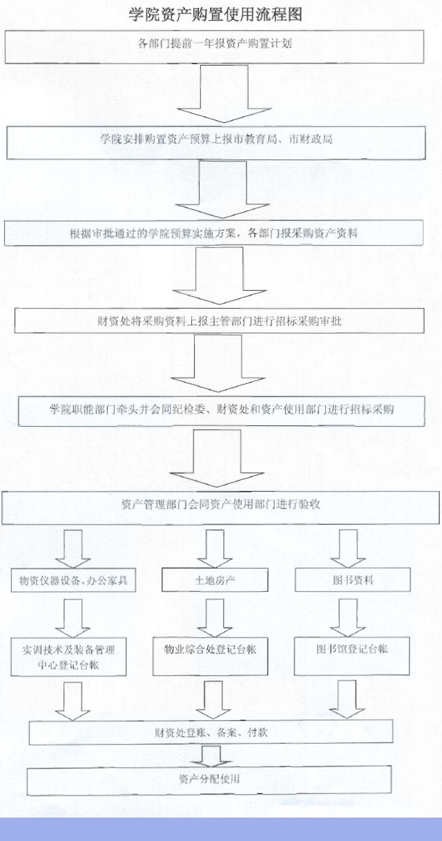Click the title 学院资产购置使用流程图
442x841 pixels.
pyautogui.click(x=215, y=15)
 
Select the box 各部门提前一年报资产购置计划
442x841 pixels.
pyautogui.click(x=214, y=46)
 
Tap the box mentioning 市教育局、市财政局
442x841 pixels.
pyautogui.click(x=216, y=143)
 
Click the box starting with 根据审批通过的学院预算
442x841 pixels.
pyautogui.click(x=213, y=233)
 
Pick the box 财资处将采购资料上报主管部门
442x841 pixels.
pyautogui.click(x=220, y=320)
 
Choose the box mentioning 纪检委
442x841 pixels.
pyautogui.click(x=222, y=411)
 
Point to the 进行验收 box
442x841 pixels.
pyautogui.click(x=220, y=507)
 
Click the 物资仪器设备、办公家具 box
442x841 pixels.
pyautogui.click(x=73, y=580)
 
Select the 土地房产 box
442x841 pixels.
pyautogui.click(x=215, y=580)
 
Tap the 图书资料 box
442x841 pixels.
pyautogui.click(x=353, y=580)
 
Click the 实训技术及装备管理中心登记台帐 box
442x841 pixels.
pyautogui.click(x=68, y=657)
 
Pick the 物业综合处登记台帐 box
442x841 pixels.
pyautogui.click(x=211, y=656)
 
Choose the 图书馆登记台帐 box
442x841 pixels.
pyautogui.click(x=352, y=655)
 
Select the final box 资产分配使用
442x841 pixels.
pyautogui.click(x=209, y=780)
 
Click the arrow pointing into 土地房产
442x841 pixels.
pyautogui.click(x=215, y=548)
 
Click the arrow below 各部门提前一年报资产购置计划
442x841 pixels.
pyautogui.click(x=224, y=94)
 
